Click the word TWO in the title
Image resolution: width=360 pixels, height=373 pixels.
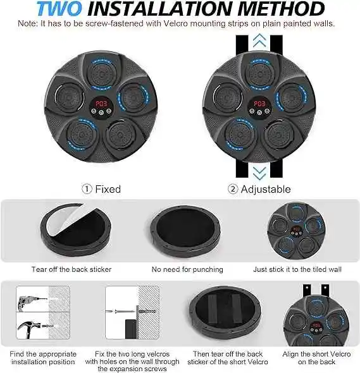pos(64,9)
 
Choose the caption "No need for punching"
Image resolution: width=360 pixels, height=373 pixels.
pos(188,269)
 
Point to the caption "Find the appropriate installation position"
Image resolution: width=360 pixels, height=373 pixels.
pos(44,358)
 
